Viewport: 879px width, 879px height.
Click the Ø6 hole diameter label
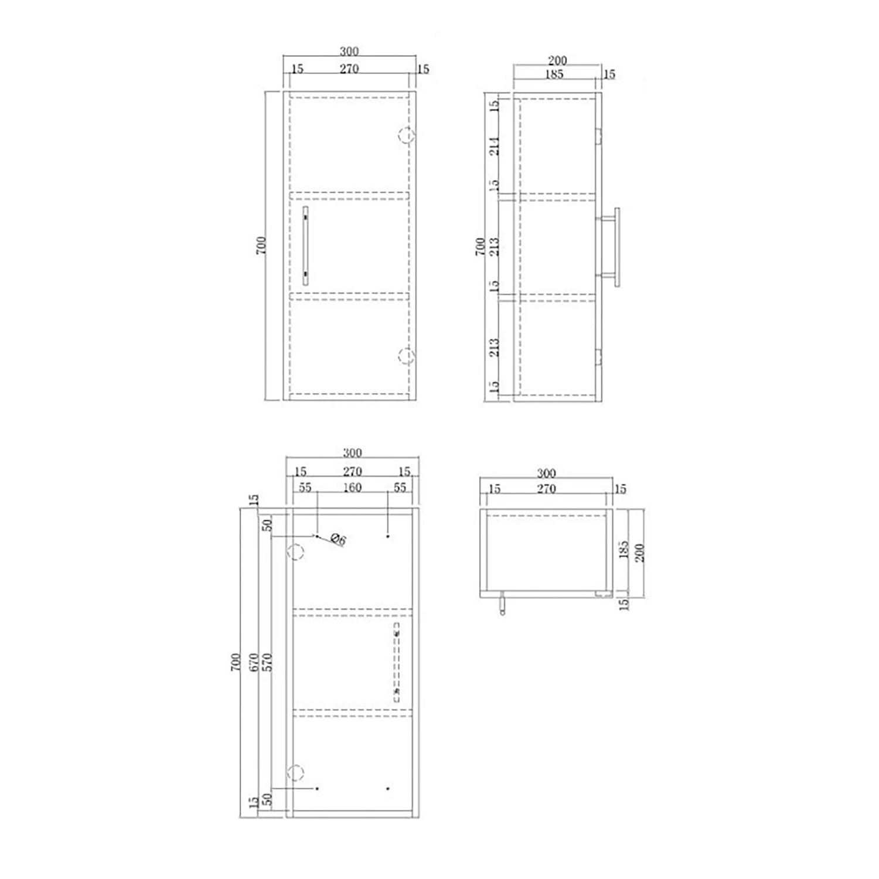[x=339, y=539]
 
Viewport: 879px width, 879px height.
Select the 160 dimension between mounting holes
[x=352, y=488]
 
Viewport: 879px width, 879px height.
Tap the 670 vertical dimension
[x=254, y=662]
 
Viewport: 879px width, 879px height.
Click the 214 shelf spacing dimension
[x=495, y=146]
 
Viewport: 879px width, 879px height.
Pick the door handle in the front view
[x=305, y=246]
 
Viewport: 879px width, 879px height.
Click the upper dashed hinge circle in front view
[x=407, y=136]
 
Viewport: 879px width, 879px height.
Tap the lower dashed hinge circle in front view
[x=407, y=356]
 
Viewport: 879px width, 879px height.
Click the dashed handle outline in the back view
[x=397, y=662]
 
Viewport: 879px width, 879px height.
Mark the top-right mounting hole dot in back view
[x=388, y=536]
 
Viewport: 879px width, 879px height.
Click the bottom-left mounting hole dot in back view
[x=317, y=789]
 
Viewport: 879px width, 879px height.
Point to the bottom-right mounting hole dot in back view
[x=388, y=789]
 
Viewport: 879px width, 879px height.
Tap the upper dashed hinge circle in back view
[x=296, y=551]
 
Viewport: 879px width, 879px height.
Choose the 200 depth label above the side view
[x=557, y=60]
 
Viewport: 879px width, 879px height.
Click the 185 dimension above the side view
[x=554, y=74]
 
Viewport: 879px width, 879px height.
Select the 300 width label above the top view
[x=546, y=473]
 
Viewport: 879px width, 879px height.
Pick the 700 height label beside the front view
[x=261, y=245]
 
